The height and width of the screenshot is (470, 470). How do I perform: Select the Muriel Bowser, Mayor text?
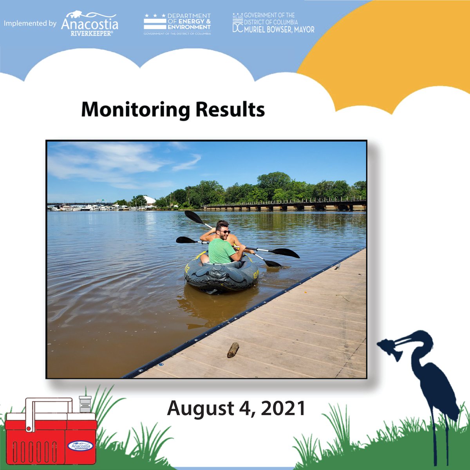[279, 29]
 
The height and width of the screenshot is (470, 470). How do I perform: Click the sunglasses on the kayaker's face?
[225, 232]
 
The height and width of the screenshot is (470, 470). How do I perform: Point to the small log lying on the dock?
[233, 350]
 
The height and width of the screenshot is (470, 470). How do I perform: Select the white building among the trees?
[149, 200]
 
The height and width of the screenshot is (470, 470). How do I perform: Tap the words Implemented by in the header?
[30, 23]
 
